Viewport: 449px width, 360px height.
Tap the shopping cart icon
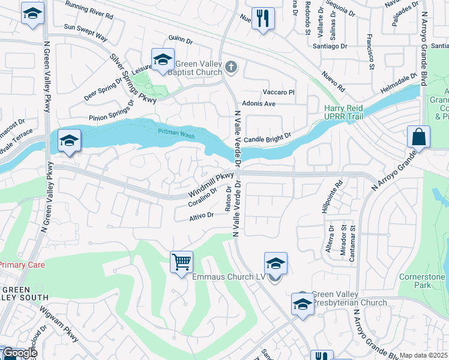click(x=181, y=262)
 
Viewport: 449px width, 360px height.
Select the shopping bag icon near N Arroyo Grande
click(x=418, y=137)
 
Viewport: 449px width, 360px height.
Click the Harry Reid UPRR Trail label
click(x=349, y=112)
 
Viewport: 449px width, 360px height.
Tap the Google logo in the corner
click(x=19, y=353)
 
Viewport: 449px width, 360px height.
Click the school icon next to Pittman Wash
click(x=70, y=142)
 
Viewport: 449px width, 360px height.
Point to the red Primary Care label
click(x=22, y=265)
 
